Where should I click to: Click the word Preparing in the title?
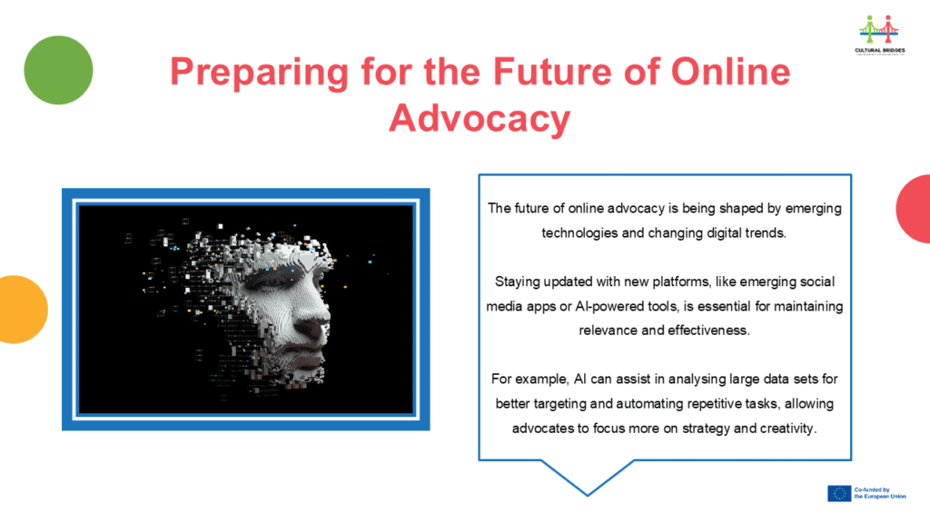259,73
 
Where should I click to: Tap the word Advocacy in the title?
480,118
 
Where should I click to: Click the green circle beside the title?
58,70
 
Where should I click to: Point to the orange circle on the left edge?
22,310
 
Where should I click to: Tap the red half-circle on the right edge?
915,209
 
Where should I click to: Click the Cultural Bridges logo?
879,35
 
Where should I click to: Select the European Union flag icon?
839,493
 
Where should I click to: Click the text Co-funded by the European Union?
880,493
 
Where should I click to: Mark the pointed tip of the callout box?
588,495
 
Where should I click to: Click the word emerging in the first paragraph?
813,209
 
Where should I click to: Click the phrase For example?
530,379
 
